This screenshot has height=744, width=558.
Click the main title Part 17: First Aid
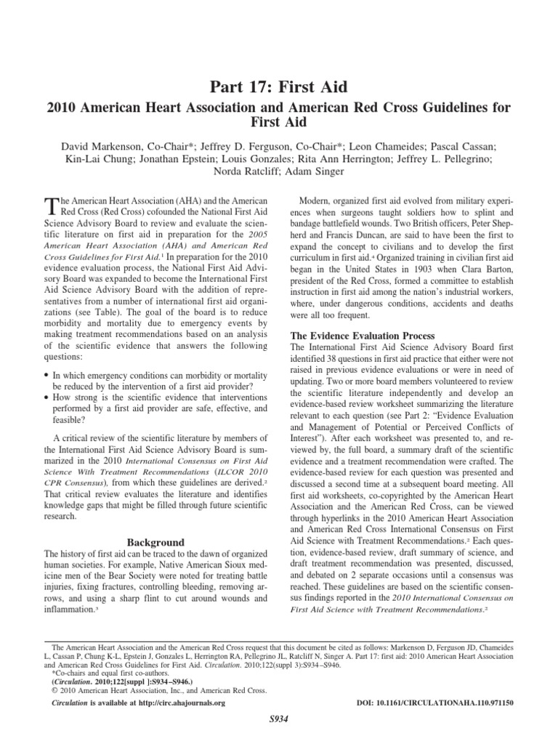(279, 88)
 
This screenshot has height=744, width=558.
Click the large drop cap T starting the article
(50, 206)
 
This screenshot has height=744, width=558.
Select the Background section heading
(155, 542)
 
